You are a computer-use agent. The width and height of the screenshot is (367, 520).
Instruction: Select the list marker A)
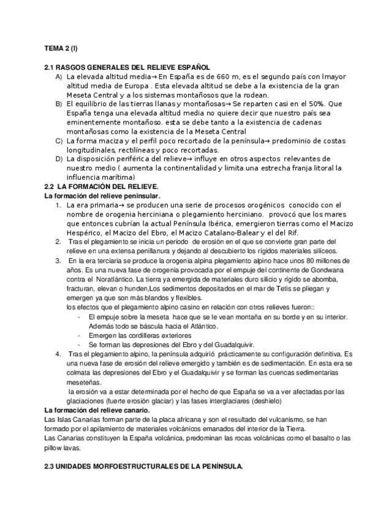click(58, 77)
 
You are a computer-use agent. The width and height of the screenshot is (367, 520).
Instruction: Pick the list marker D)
click(58, 160)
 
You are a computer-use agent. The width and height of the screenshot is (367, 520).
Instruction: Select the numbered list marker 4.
click(57, 354)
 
